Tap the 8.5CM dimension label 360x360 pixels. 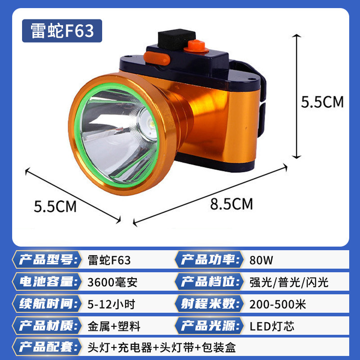[x=231, y=204]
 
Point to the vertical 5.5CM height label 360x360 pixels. [x=322, y=102]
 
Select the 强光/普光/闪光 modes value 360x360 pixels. [x=286, y=283]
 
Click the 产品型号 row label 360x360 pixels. [x=45, y=261]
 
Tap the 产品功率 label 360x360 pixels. [x=209, y=261]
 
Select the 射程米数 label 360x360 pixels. [x=209, y=304]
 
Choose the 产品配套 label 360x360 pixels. [x=45, y=347]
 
